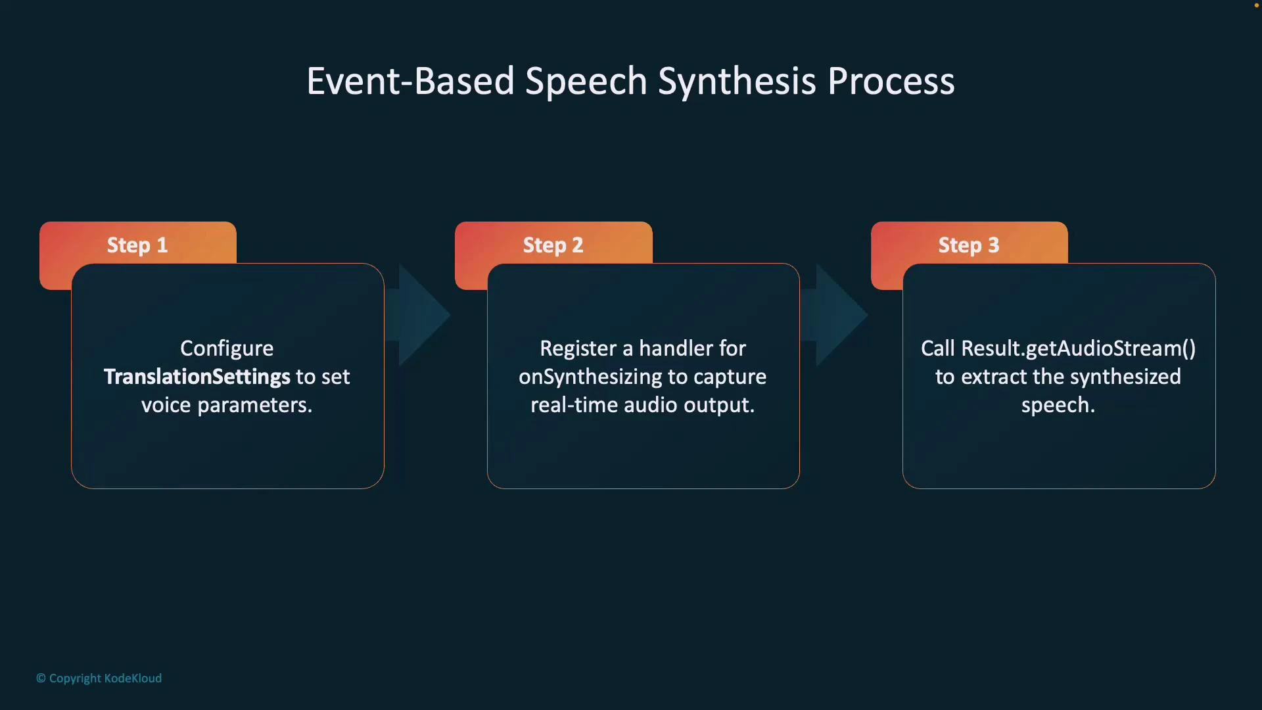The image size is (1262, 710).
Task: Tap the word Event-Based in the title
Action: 410,82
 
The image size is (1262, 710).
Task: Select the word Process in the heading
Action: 891,82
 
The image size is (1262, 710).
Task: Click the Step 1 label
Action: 137,245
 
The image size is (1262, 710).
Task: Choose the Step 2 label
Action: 553,245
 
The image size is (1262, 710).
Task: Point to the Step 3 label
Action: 968,245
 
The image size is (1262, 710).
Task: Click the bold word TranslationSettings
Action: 197,377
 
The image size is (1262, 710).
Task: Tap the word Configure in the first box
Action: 227,348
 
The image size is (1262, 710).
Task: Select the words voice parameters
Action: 227,405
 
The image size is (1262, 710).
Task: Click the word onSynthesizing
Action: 590,377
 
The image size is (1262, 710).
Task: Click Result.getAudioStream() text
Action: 1078,348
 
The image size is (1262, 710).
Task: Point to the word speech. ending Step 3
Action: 1058,406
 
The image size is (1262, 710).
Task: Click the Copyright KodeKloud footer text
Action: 99,678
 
